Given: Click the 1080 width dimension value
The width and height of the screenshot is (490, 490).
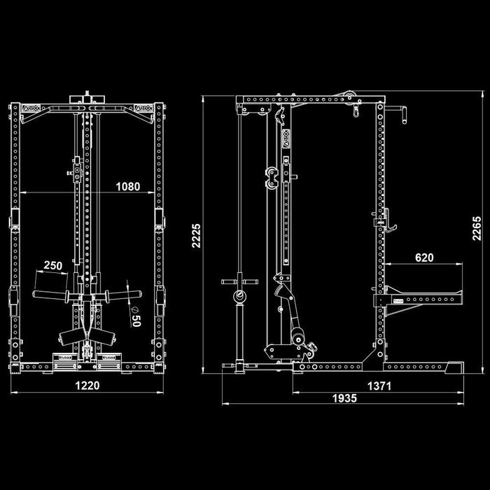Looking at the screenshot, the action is (x=127, y=187).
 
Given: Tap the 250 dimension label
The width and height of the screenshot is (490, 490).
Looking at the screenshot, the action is (x=53, y=265).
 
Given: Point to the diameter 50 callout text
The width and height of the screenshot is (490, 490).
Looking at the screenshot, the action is (x=136, y=315).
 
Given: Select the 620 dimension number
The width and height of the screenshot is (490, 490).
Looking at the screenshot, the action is (x=424, y=258).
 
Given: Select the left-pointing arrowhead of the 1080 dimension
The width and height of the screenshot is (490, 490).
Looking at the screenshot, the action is (x=23, y=192).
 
